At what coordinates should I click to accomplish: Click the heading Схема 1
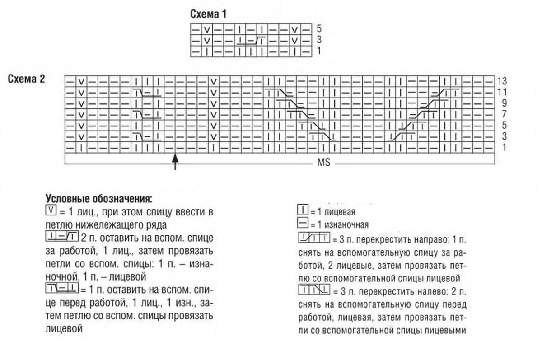[208, 14]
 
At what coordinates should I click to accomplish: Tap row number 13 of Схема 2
[502, 82]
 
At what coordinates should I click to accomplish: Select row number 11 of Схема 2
[502, 93]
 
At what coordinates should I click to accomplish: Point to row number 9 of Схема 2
[504, 103]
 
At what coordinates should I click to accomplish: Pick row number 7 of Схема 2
[504, 114]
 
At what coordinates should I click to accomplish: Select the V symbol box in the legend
[51, 210]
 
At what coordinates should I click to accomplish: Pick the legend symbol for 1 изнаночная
[303, 224]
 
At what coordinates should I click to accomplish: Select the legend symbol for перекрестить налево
[314, 289]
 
